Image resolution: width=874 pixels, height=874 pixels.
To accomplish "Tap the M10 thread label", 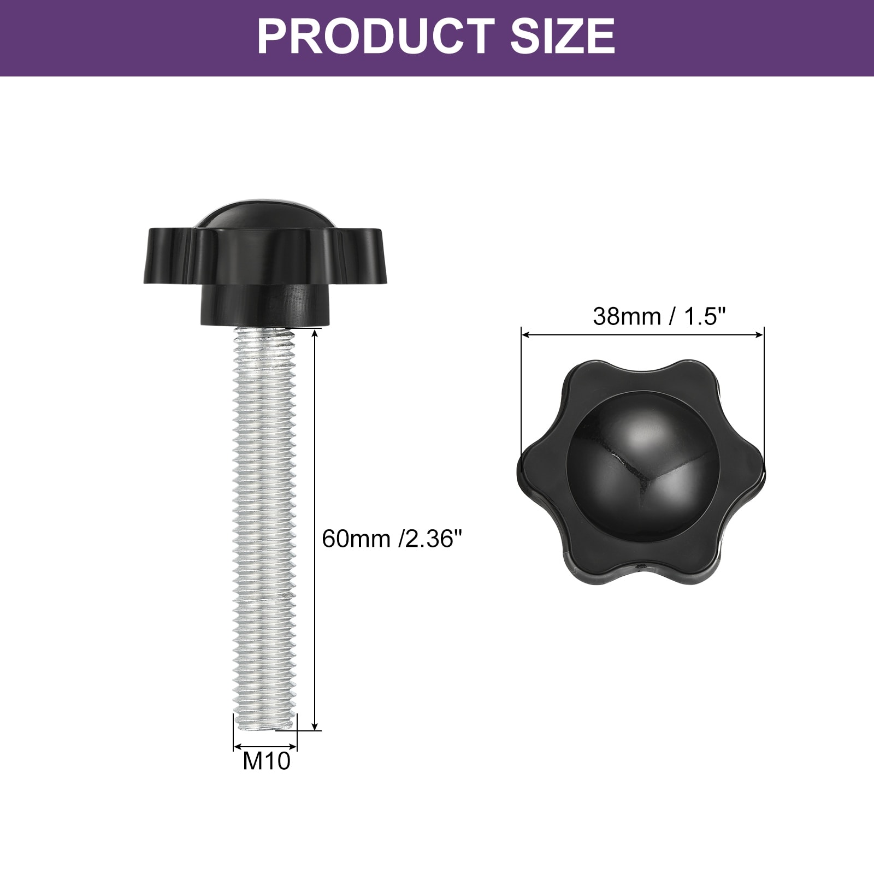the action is pyautogui.click(x=267, y=760).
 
